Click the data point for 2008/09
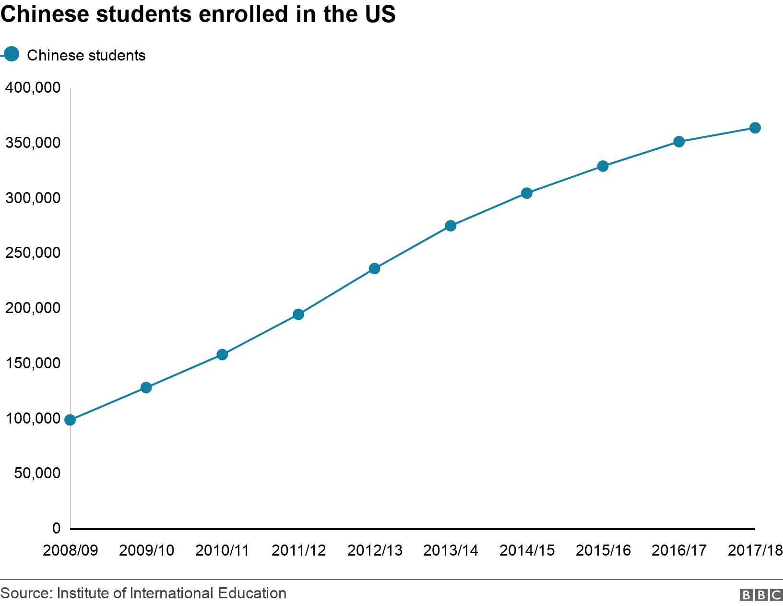(x=70, y=420)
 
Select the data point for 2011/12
(x=298, y=315)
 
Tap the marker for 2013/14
(x=451, y=226)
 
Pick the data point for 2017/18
(x=755, y=128)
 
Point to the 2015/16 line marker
(x=603, y=166)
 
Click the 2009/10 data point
(x=146, y=388)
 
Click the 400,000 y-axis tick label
(x=33, y=88)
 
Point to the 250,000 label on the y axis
(x=33, y=253)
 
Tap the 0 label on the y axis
(x=57, y=528)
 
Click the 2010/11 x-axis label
(x=222, y=550)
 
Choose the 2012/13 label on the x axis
(x=375, y=550)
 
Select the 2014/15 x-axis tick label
(x=527, y=550)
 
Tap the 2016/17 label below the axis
(x=679, y=550)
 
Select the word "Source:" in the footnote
(x=26, y=594)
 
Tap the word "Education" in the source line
(x=252, y=594)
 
